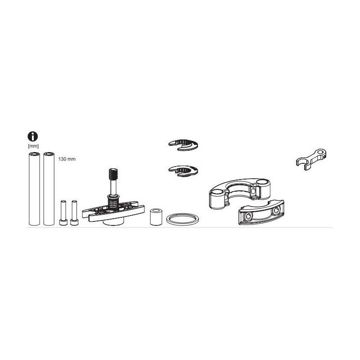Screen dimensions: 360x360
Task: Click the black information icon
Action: click(x=33, y=136)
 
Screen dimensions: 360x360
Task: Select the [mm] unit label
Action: click(x=33, y=146)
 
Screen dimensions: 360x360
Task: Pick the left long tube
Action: click(x=34, y=189)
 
